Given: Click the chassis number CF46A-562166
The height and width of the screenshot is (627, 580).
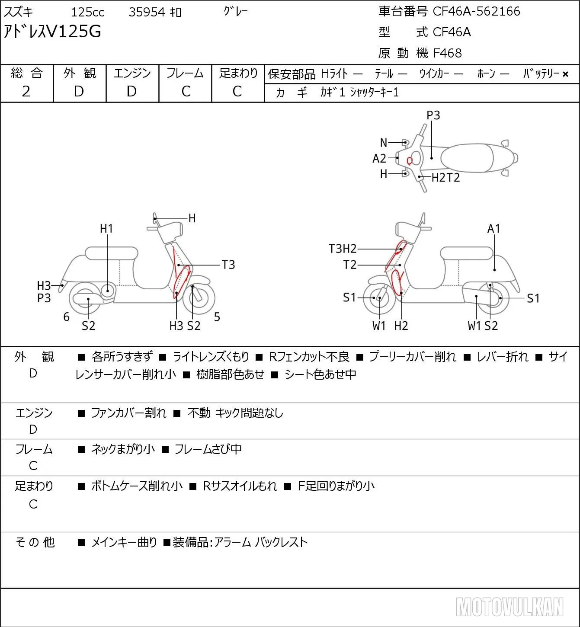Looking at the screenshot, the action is coord(476,11).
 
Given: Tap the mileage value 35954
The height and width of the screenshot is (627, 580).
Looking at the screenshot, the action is coord(147,12).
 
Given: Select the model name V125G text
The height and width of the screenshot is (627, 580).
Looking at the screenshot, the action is coord(74,32).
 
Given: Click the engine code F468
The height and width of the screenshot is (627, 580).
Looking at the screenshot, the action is coord(447,53).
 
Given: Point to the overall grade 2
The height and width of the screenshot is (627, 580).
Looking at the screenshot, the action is coord(26,92).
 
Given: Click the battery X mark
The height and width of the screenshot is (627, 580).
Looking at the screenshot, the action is coord(565,74).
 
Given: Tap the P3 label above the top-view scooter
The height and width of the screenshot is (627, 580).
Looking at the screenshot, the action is coord(433,115).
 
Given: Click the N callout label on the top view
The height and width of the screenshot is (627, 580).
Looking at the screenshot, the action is coord(384,143).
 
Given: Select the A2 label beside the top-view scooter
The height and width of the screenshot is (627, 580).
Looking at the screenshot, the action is coord(379,158).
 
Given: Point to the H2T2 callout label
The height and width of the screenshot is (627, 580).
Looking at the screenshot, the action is coord(445,177).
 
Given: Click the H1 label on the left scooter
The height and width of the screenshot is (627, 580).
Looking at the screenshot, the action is coord(106,228).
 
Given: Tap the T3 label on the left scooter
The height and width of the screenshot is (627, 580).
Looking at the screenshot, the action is coord(228,265).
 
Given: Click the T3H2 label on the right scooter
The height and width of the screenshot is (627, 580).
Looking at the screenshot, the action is coord(343,249).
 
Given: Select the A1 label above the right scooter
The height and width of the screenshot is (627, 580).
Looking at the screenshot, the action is coord(494,228).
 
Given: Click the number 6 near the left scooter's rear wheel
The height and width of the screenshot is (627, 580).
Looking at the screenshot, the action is coord(66,317).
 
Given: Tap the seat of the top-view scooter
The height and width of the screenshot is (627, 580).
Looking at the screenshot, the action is coord(467,158).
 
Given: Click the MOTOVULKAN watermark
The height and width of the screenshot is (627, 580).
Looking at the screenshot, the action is coord(510,607).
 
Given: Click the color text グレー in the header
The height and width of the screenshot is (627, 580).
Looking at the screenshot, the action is coord(236,12).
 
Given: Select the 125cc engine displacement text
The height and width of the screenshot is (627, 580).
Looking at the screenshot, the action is coord(87,12).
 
